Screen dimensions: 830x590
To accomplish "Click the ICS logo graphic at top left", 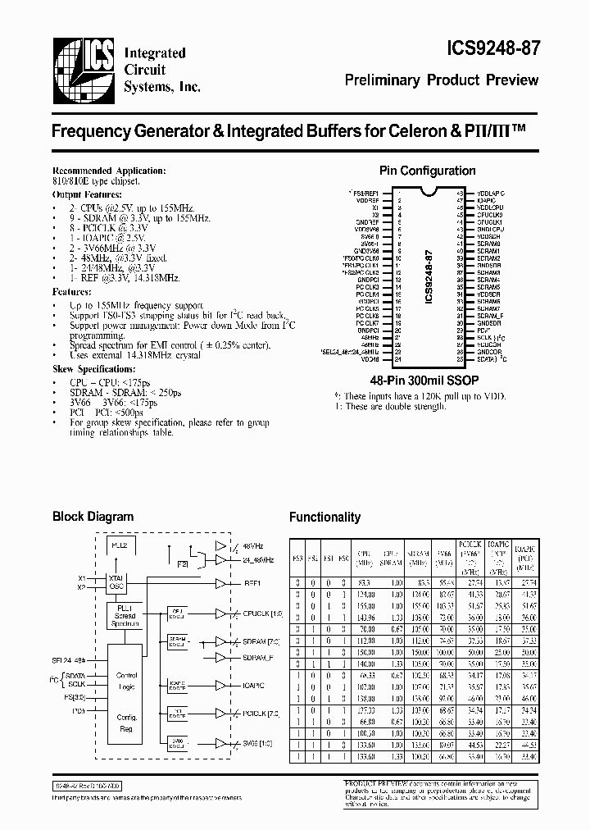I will coord(83,69).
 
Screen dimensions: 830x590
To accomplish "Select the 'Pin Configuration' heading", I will coord(427,171).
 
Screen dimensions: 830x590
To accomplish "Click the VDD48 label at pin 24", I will coord(370,358).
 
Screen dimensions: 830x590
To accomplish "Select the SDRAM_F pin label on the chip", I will coord(490,315).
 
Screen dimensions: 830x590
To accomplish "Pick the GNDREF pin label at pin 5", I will coord(368,221).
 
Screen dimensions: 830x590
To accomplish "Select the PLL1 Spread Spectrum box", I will coord(125,615).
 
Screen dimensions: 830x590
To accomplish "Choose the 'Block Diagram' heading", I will coord(93,517).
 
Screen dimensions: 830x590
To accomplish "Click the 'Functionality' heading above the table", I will coord(324,518).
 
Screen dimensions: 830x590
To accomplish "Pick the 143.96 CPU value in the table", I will coord(364,615).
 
